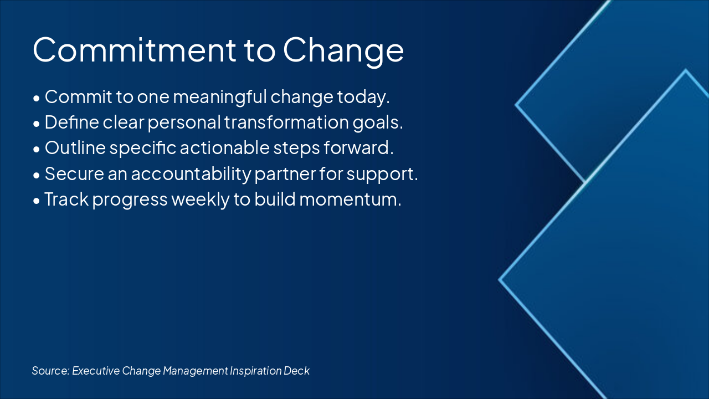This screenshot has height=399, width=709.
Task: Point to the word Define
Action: pos(71,122)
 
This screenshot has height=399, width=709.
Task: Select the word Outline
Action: pos(75,148)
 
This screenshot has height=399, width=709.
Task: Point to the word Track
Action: pos(66,199)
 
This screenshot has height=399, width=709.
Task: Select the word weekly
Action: pos(202,199)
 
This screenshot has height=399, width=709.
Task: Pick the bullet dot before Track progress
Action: pos(37,201)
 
